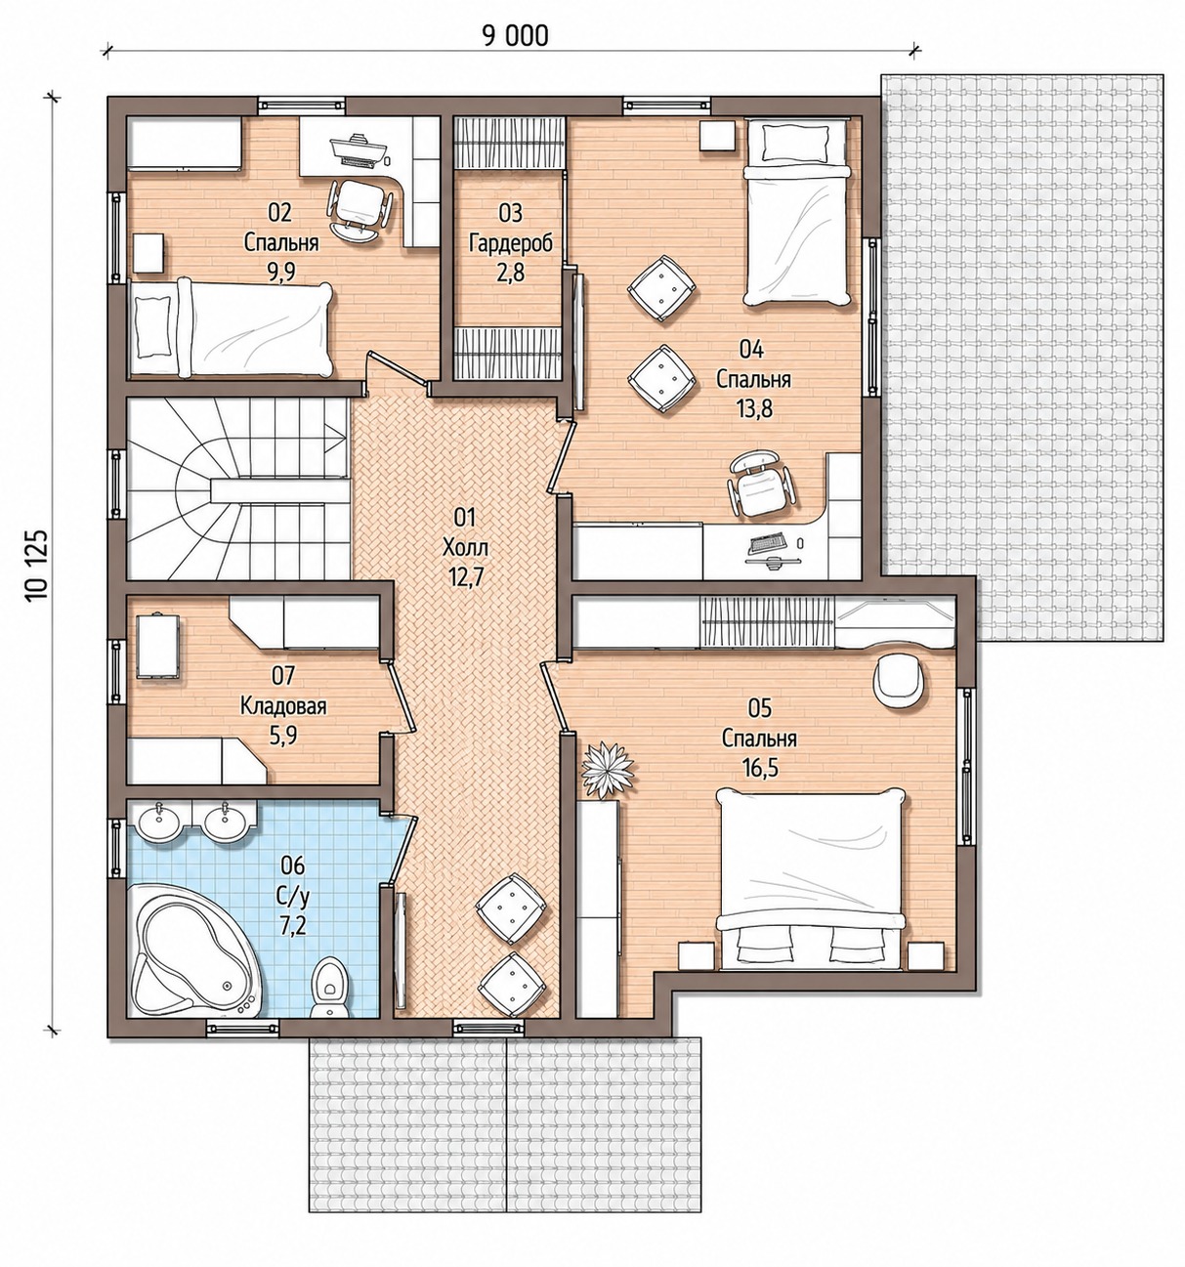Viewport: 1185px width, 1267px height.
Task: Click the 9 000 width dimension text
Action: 514,36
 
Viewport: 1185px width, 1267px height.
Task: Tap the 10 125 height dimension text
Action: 38,565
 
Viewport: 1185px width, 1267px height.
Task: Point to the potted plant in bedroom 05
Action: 607,770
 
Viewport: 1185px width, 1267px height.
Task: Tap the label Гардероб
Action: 511,243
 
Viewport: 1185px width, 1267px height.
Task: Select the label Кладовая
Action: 283,707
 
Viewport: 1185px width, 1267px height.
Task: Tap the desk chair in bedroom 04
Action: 762,484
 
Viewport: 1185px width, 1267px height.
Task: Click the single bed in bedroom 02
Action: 231,329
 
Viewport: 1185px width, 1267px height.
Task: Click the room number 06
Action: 293,866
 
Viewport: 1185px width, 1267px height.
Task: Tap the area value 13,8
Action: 754,409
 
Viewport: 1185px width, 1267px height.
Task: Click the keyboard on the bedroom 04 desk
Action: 766,543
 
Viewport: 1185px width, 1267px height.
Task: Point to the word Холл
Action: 466,547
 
